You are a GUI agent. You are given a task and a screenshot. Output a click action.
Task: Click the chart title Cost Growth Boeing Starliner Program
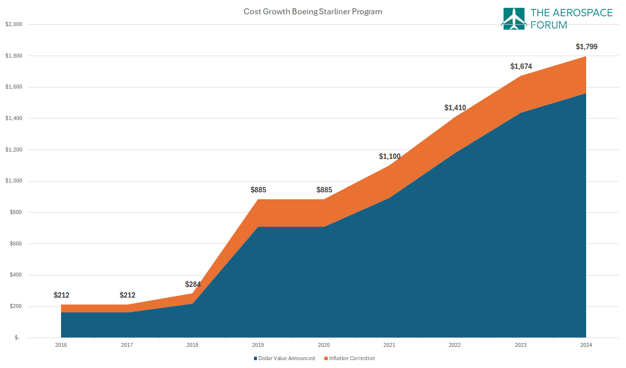pyautogui.click(x=313, y=11)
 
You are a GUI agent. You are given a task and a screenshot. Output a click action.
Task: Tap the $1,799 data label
pyautogui.click(x=586, y=47)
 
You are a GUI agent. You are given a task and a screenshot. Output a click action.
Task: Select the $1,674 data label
pyautogui.click(x=521, y=66)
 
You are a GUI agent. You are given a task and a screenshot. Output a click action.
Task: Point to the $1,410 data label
pyautogui.click(x=455, y=108)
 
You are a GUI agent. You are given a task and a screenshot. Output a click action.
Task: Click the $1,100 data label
pyautogui.click(x=389, y=156)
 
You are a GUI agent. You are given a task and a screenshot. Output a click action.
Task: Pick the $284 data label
pyautogui.click(x=192, y=284)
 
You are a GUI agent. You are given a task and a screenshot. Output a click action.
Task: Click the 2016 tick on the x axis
pyautogui.click(x=61, y=345)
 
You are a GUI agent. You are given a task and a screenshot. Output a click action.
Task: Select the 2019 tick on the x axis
pyautogui.click(x=258, y=345)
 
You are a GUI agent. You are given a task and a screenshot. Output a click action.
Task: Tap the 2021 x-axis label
pyautogui.click(x=389, y=345)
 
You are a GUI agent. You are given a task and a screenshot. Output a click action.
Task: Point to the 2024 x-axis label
pyautogui.click(x=586, y=345)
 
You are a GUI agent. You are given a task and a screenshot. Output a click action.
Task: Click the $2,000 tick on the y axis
pyautogui.click(x=13, y=24)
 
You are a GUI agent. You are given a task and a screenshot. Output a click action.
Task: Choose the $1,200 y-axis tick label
pyautogui.click(x=13, y=150)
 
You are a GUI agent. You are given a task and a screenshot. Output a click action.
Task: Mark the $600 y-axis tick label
pyautogui.click(x=16, y=244)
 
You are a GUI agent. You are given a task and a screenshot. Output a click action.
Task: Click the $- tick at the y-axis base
pyautogui.click(x=17, y=338)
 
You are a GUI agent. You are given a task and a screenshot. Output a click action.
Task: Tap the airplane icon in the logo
pyautogui.click(x=513, y=19)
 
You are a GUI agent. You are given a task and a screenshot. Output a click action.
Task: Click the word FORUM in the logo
pyautogui.click(x=548, y=25)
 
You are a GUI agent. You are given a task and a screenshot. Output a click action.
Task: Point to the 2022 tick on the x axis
pyautogui.click(x=455, y=345)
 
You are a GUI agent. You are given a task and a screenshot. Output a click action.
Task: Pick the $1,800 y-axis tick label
pyautogui.click(x=13, y=56)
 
